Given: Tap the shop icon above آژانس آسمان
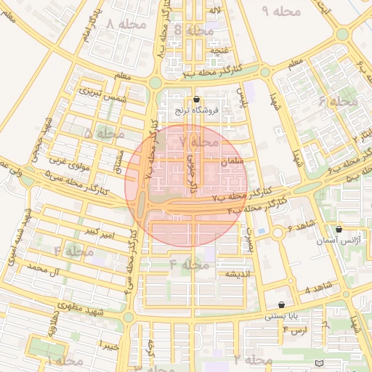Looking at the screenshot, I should (x=339, y=229).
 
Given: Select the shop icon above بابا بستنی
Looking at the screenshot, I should (x=281, y=304).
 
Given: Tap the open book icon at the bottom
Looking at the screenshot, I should (x=320, y=363).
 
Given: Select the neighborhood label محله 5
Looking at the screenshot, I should (x=99, y=134).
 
